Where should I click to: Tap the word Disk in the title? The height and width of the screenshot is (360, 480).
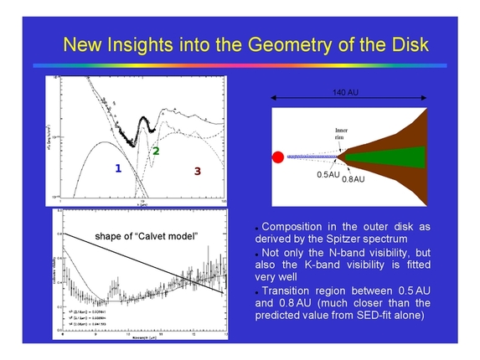pos(410,43)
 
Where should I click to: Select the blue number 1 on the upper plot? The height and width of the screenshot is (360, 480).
pos(119,168)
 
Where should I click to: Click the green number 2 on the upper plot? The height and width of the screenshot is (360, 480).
pos(155,151)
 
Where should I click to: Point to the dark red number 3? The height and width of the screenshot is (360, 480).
pos(197,171)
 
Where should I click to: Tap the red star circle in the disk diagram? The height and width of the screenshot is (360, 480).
pos(277,157)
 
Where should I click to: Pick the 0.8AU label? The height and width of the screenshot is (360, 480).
pos(354,179)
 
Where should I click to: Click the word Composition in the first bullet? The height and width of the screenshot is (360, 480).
pos(294,226)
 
